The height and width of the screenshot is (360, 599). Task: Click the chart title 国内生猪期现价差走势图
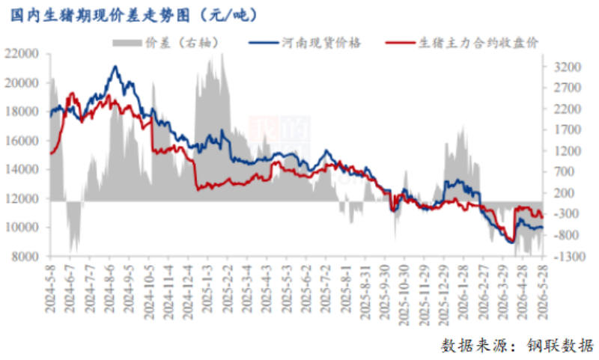(100, 15)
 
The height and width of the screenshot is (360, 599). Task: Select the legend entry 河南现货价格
(321, 43)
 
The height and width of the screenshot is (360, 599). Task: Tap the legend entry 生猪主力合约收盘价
(478, 43)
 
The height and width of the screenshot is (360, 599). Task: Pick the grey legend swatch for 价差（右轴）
(127, 43)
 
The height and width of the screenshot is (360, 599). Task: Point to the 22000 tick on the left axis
(22, 53)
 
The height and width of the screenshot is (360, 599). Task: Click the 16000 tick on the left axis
(22, 141)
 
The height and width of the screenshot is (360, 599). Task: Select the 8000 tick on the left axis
(25, 257)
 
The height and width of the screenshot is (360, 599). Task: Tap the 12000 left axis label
(22, 198)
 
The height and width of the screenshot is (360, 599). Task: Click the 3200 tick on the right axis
(568, 67)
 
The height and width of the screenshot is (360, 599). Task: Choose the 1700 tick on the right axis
(568, 129)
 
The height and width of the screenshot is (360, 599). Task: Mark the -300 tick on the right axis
(566, 214)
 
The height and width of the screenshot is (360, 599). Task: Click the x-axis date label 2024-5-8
(50, 289)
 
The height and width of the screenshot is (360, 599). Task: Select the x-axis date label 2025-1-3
(207, 289)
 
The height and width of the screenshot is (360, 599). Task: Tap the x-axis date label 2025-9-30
(385, 292)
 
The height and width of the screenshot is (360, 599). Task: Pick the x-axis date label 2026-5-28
(542, 292)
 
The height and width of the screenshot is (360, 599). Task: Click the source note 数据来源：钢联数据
(517, 345)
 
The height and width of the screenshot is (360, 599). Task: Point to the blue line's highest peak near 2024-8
(115, 67)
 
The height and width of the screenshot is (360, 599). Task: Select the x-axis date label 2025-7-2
(326, 289)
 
